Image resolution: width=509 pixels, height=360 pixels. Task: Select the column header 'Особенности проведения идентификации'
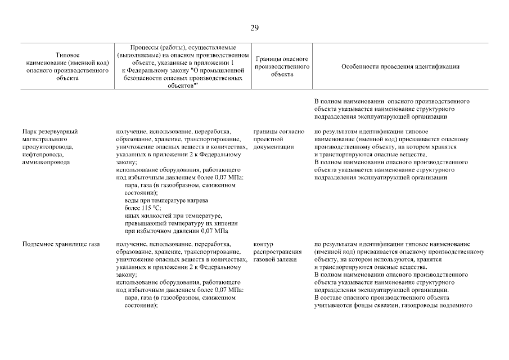pos(400,66)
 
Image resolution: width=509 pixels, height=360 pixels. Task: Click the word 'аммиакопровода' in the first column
pos(46,162)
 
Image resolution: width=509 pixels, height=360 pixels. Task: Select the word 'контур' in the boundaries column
pos(263,244)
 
